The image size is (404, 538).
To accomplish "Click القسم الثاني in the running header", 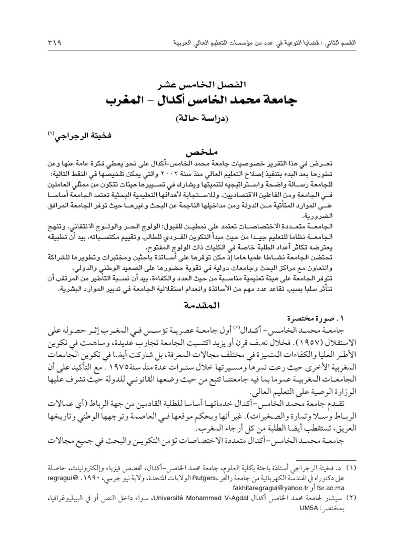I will click(372, 42).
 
